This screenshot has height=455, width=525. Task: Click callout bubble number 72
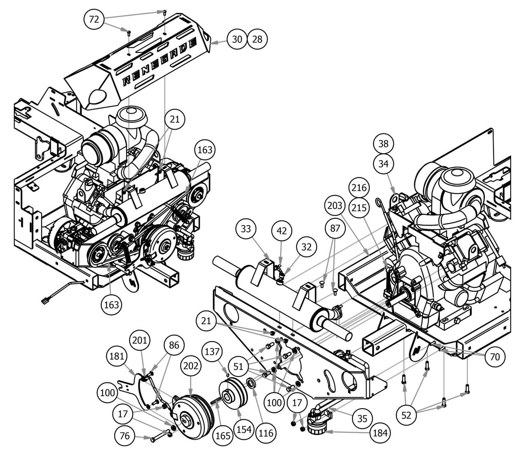[x=94, y=19]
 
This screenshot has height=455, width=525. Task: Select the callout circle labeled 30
[x=237, y=39]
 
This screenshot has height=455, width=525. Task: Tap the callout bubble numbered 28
[x=257, y=39]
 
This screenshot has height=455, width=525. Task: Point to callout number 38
[x=384, y=144]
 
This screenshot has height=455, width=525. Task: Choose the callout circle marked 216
[x=359, y=187]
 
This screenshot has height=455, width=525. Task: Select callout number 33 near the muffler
[x=246, y=228]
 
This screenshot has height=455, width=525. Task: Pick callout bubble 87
[x=335, y=228]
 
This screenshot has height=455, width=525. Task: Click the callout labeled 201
[x=140, y=341]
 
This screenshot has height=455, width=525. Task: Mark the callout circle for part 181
[x=117, y=356]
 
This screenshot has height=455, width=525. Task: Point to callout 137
[x=212, y=351]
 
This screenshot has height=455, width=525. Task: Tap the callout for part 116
[x=266, y=433]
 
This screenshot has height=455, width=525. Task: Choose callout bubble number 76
[x=124, y=435]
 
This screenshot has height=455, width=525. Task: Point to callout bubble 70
[x=495, y=356]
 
